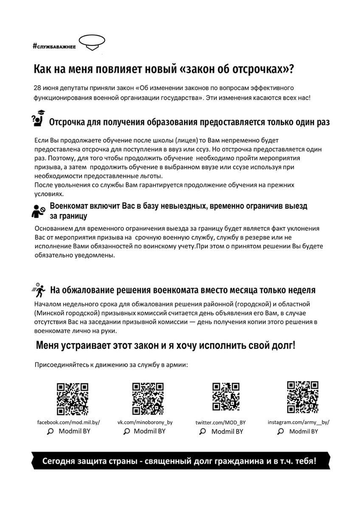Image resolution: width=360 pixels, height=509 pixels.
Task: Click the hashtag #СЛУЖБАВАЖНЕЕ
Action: coord(54,46)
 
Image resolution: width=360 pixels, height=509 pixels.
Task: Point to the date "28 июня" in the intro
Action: coord(45,88)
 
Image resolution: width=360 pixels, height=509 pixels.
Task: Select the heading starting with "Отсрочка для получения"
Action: coord(190,123)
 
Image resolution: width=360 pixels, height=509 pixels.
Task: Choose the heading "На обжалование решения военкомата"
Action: coord(183,291)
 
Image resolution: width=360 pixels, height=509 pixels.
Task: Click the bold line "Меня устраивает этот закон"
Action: coord(165,345)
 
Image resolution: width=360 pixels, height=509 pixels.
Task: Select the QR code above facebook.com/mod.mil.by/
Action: coord(73,399)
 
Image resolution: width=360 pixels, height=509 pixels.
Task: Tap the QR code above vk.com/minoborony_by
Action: coord(148,399)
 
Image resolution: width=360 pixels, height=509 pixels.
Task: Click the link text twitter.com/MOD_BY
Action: coord(220,423)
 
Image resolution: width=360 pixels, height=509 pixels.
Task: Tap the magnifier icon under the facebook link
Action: coord(50,431)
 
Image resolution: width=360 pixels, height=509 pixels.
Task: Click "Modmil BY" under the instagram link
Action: coord(304,431)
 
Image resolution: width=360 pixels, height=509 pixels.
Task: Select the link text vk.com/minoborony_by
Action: coord(145,422)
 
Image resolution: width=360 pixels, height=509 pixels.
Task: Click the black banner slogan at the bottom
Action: coord(180,461)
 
